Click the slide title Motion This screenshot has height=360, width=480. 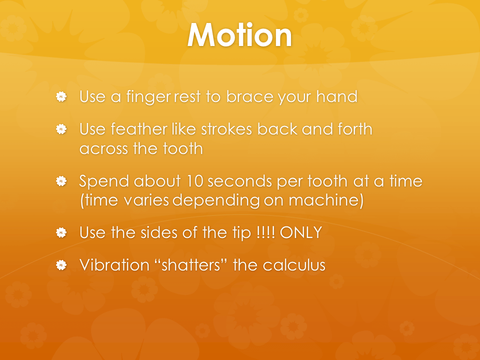(x=239, y=35)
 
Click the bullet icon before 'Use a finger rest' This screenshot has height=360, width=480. (x=61, y=96)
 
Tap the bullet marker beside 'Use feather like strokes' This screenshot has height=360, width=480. (x=61, y=129)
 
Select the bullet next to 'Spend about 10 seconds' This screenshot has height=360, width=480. (x=61, y=181)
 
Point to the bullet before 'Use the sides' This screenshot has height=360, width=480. (x=61, y=232)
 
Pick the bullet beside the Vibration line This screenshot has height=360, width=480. (x=61, y=265)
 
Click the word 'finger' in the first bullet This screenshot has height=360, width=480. (x=148, y=97)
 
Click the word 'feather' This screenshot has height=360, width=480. (x=138, y=129)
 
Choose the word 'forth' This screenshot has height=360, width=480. (x=355, y=129)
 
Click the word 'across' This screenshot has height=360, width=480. (x=104, y=149)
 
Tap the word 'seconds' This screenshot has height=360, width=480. (x=240, y=181)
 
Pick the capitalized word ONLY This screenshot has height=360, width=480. (x=301, y=232)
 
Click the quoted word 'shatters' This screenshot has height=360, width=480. (x=190, y=265)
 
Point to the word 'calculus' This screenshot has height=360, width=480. (x=294, y=265)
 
